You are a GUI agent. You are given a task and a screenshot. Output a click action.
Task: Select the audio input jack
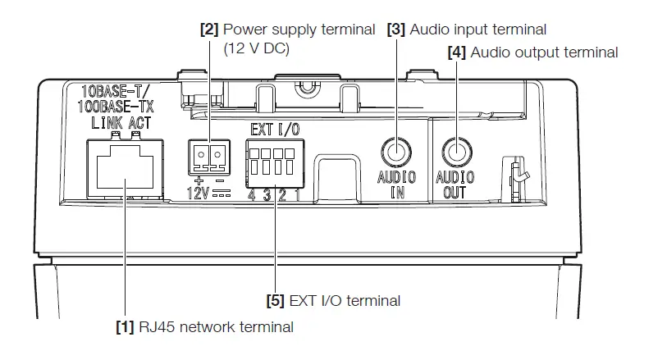396,151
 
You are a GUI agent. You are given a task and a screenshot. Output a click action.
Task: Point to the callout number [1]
124,328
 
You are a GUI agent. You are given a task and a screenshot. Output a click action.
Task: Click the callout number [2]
210,30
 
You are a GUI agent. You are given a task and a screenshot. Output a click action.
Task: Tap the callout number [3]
396,30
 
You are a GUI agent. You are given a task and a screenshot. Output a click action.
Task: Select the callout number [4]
456,52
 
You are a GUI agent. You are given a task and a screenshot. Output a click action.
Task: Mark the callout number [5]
276,301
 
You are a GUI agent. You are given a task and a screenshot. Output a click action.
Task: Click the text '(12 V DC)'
258,49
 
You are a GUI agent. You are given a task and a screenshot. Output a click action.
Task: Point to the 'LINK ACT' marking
121,122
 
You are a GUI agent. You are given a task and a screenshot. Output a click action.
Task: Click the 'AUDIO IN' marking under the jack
396,185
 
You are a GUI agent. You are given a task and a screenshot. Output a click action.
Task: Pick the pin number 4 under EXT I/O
252,195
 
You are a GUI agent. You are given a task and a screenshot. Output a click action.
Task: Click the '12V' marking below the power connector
197,194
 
